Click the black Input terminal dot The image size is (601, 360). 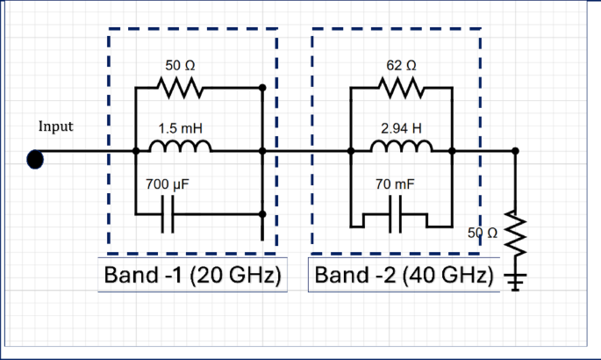35,158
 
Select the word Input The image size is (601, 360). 56,126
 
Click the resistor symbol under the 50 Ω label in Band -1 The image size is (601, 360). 180,89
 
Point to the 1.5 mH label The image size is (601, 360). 180,128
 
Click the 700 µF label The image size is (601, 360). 167,185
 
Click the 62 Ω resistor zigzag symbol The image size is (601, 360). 401,89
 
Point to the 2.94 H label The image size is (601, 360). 401,128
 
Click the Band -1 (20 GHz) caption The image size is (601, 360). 191,276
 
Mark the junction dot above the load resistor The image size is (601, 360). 515,151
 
